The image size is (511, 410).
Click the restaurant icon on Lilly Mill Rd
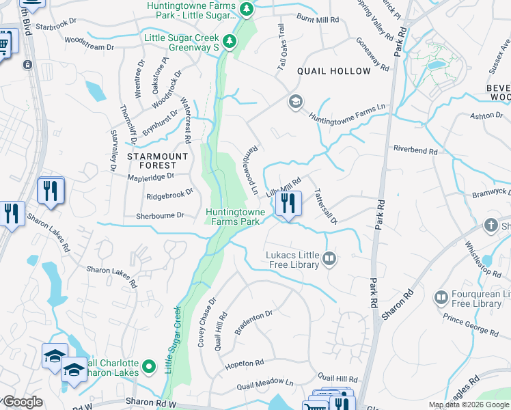click(288, 204)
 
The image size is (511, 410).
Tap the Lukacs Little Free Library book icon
click(329, 258)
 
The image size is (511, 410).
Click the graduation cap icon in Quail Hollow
click(295, 102)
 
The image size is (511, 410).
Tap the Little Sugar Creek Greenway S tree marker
click(231, 42)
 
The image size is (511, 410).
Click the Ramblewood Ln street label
click(253, 169)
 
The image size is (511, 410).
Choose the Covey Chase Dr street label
click(206, 323)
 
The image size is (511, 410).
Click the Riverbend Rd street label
click(414, 148)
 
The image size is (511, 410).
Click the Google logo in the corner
click(22, 402)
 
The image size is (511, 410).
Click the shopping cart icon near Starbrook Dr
click(4, 44)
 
